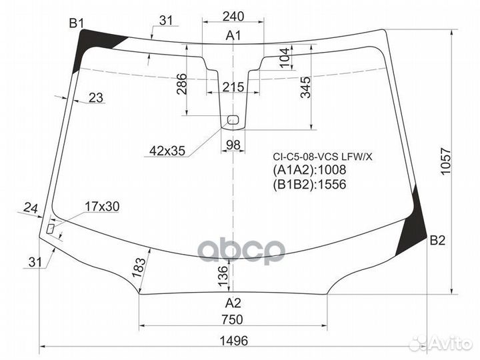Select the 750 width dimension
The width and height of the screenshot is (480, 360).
233,319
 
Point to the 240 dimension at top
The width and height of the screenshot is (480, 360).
233,17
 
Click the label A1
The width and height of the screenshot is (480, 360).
233,35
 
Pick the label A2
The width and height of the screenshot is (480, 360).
233,302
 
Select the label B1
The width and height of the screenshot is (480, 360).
77,24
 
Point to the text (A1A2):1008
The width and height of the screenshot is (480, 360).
309,171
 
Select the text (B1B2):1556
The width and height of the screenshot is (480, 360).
309,185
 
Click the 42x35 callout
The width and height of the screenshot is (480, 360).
167,151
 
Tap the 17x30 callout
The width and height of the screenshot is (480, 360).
101,207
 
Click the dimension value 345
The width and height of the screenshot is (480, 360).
305,87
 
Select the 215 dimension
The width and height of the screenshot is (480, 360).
233,87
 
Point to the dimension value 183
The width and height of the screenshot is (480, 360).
139,267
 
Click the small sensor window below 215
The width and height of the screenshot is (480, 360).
233,120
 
